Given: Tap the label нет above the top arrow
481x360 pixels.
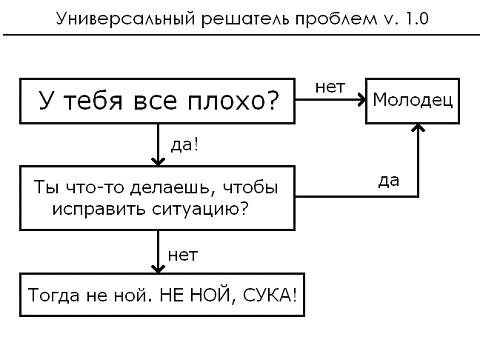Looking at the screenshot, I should point(330,86).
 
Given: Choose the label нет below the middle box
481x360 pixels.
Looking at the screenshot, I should point(182,254).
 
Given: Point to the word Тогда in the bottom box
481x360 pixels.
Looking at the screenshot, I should point(52,297).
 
